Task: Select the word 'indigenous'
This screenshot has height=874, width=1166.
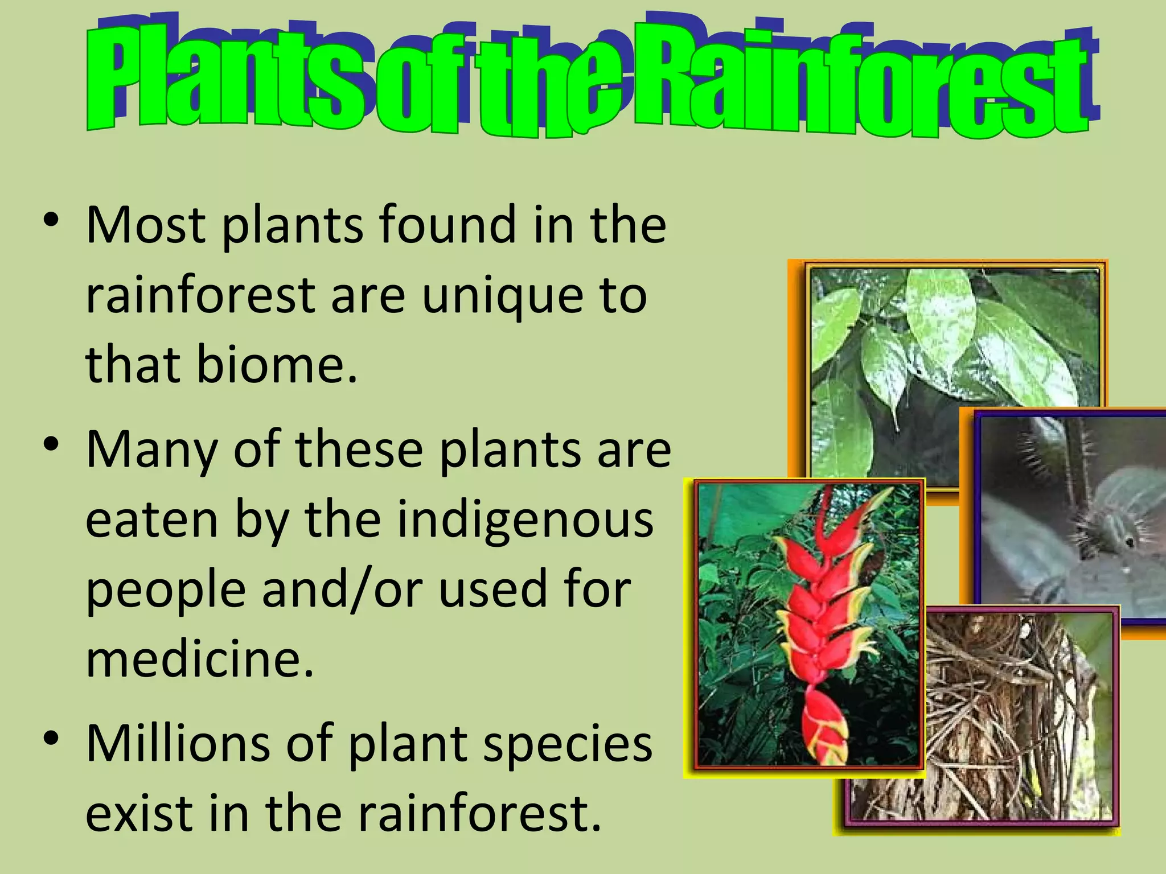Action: point(525,521)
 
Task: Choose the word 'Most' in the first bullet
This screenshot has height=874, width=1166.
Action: point(146,225)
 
